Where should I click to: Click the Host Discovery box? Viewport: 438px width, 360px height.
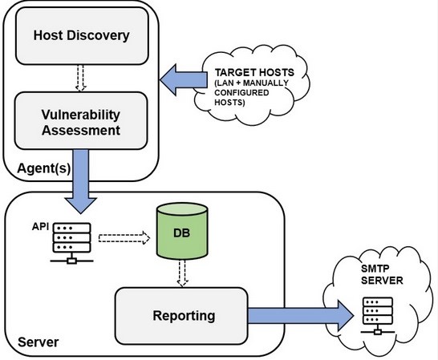coord(82,36)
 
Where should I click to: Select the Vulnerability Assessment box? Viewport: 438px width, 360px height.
coord(81,120)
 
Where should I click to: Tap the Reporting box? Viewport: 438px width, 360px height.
coord(181,316)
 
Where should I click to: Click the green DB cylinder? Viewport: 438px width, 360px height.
coord(182,231)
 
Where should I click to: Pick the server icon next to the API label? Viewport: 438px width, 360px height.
coord(71,243)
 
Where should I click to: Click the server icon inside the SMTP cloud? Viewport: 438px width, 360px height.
coord(378,316)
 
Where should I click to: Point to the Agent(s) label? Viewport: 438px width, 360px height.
coord(44,168)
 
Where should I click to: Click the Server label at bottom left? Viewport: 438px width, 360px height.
coord(39,342)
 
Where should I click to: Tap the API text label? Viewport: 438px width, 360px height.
coord(40,226)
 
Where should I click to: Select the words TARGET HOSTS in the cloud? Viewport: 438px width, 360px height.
coord(254,73)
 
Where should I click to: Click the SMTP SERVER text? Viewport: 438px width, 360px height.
coord(382,274)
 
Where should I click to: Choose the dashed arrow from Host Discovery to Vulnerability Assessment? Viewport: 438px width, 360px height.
coord(81,78)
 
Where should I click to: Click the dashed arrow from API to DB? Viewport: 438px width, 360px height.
coord(124,238)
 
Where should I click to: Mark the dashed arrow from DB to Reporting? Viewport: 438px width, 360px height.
coord(182,273)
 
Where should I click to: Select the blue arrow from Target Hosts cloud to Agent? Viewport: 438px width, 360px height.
coord(184,79)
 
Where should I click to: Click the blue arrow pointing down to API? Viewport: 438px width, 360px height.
coord(81,181)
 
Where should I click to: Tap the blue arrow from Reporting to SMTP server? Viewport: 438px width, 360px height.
coord(301,316)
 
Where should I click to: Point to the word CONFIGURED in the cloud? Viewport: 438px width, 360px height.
coord(241,92)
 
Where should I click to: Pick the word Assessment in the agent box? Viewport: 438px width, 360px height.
coord(81,131)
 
